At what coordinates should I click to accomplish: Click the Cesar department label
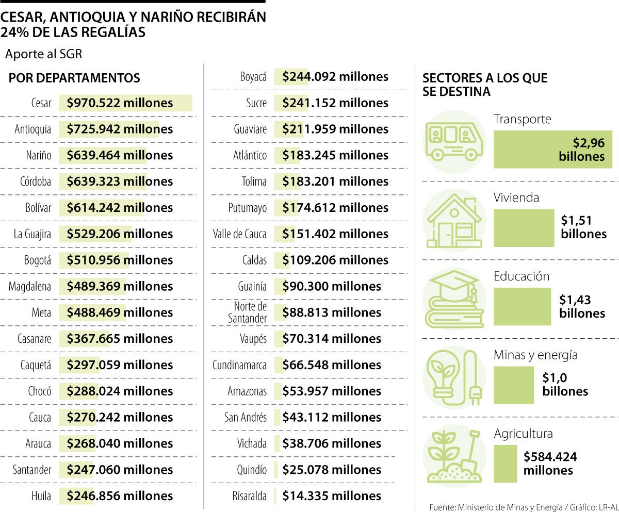point(41,103)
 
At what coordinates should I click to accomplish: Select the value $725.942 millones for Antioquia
point(120,129)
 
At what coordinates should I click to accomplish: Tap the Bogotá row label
point(38,260)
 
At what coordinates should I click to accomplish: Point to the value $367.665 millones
point(120,339)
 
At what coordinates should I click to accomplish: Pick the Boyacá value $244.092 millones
point(335,77)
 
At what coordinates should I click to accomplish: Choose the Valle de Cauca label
point(240,234)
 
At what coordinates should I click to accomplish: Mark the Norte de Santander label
point(248,312)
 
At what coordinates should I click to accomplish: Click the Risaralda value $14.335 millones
point(332,496)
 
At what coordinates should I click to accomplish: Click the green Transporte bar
point(552,150)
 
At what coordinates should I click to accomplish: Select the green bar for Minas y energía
point(513,385)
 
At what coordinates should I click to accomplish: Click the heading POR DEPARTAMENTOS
point(74,78)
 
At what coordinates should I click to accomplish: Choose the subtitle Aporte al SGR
point(43,54)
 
